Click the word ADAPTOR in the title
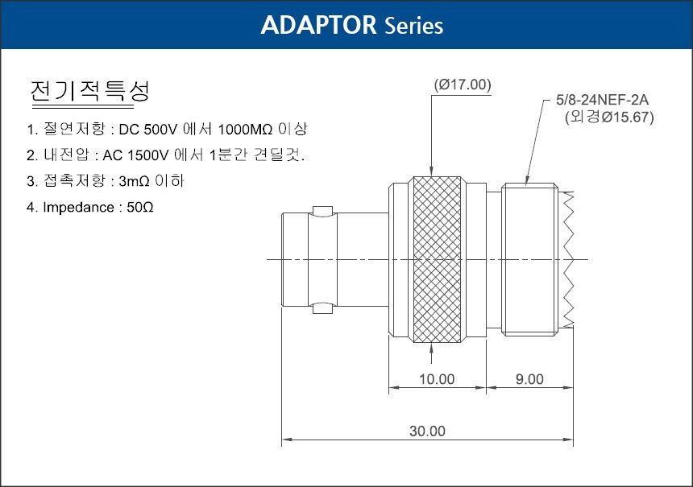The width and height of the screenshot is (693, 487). click(x=318, y=25)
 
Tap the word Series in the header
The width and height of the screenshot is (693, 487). click(x=413, y=26)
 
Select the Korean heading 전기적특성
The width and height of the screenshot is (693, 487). click(x=89, y=90)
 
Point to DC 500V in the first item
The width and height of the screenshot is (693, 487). click(x=148, y=130)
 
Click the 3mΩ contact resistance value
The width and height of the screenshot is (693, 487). click(x=134, y=181)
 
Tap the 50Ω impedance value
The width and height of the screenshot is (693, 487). click(x=139, y=207)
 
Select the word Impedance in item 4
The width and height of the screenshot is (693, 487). click(x=78, y=208)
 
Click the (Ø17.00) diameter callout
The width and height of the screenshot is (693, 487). click(x=463, y=85)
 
